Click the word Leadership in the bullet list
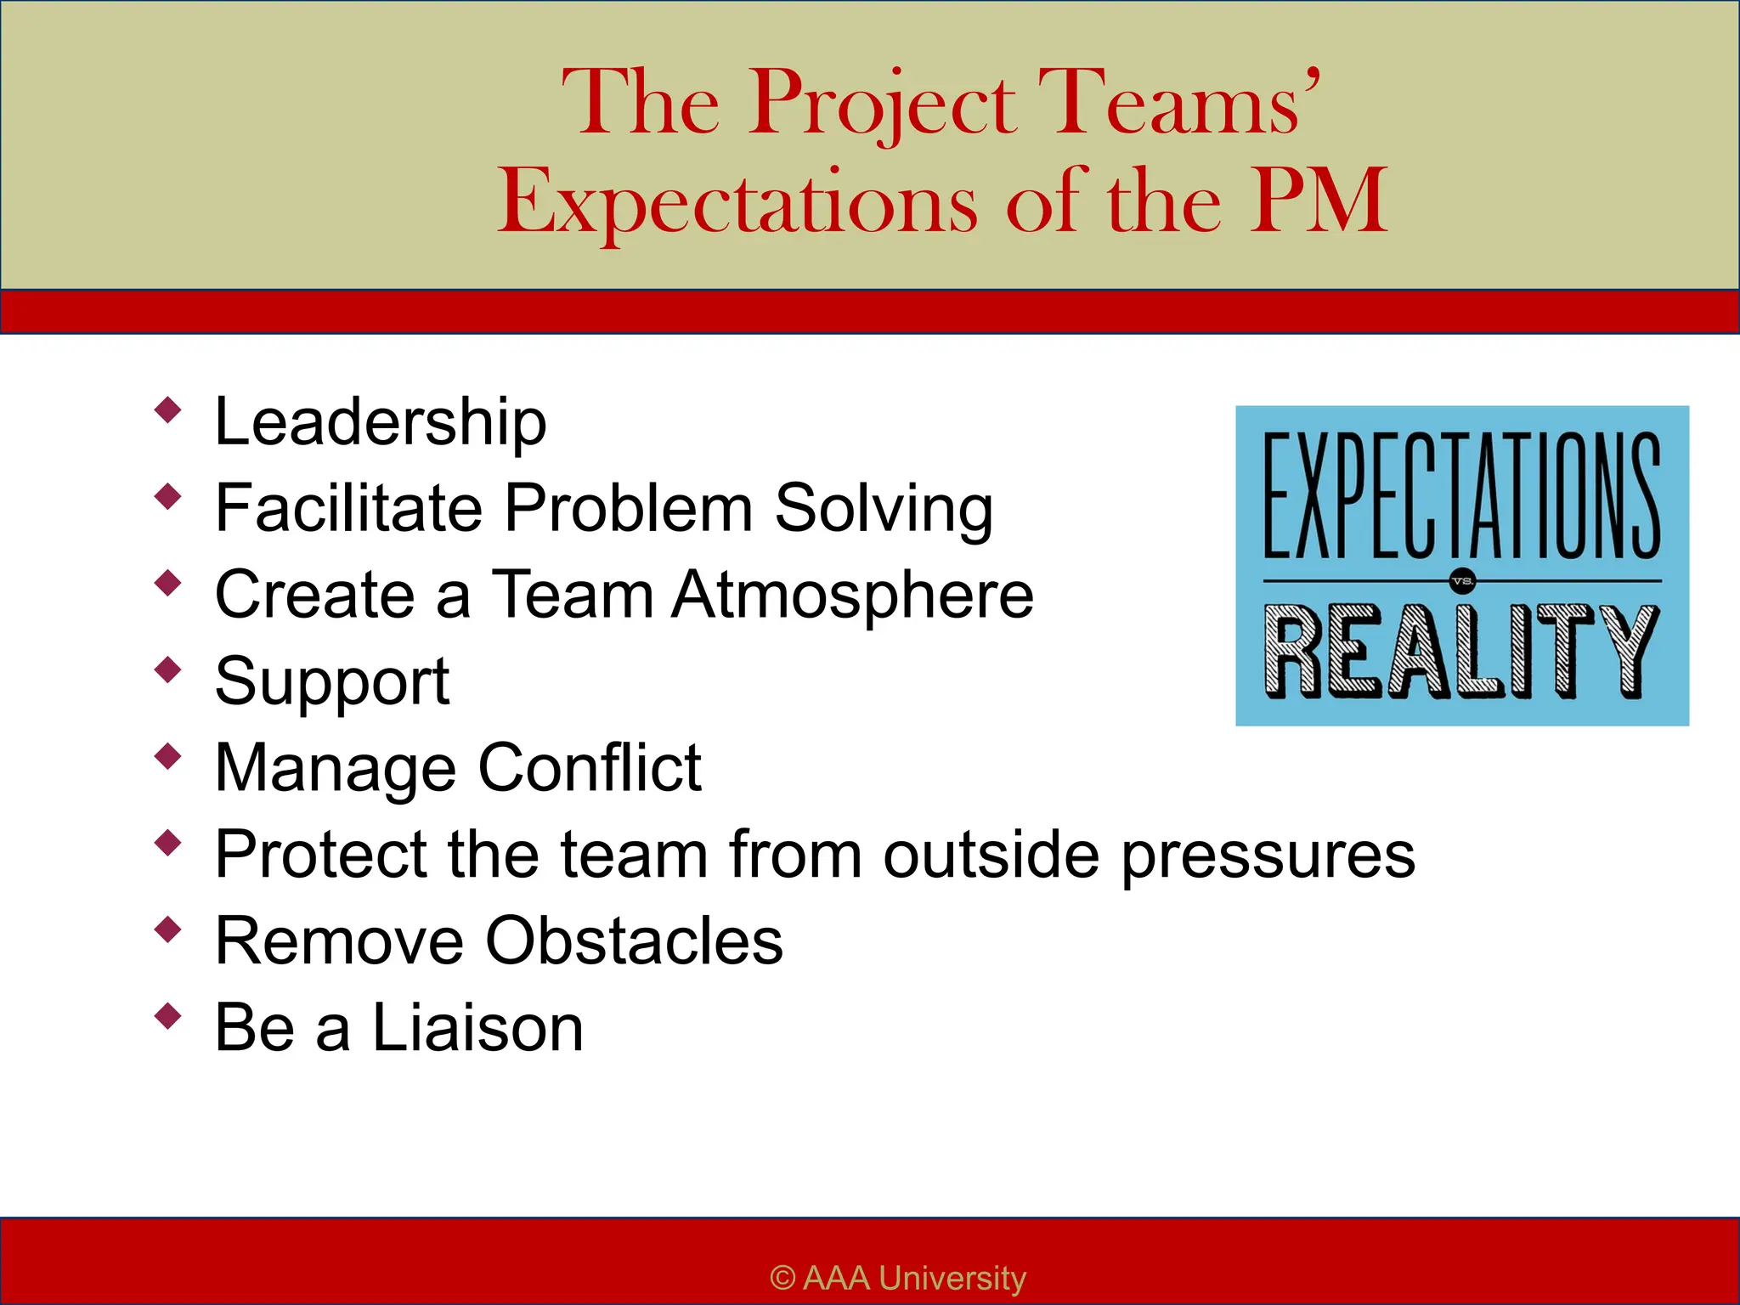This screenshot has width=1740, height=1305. [381, 422]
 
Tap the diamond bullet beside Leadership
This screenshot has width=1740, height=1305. [168, 410]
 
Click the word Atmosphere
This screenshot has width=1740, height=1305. [853, 595]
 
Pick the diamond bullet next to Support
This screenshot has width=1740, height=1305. [168, 669]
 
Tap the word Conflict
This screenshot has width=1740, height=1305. [590, 767]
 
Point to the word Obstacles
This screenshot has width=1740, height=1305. [634, 941]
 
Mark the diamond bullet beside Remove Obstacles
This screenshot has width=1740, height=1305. [168, 929]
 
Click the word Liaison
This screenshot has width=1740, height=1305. [477, 1028]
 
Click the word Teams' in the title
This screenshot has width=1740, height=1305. [1179, 104]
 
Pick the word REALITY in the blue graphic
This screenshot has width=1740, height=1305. [1461, 652]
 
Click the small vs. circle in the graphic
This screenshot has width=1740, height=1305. [1462, 582]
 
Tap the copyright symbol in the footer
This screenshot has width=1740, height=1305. [782, 1278]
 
